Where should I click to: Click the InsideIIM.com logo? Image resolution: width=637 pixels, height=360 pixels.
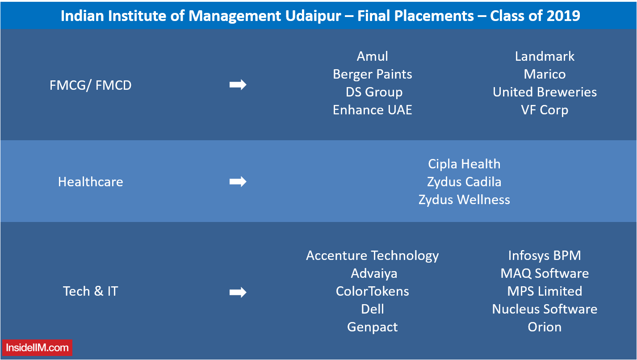37,347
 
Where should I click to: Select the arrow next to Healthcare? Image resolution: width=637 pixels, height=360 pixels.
238,182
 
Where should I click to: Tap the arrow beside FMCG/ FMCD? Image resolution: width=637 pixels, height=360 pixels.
238,85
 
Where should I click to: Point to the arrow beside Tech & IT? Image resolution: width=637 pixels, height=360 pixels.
238,292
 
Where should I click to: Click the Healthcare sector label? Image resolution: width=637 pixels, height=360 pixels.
90,182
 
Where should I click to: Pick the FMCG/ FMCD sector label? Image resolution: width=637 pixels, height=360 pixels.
90,85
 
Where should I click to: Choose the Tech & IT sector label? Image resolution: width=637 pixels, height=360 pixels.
90,291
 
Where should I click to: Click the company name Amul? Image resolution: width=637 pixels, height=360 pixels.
372,56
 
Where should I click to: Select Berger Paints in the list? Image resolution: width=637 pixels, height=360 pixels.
372,75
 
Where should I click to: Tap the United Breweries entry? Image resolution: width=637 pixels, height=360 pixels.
545,92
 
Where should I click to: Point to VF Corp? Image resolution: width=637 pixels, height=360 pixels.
545,110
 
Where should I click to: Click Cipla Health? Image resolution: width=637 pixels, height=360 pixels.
464,164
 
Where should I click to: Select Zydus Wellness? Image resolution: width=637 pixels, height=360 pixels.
464,200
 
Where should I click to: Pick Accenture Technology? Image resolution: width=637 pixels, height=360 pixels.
372,256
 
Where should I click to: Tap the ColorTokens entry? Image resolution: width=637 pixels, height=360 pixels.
372,291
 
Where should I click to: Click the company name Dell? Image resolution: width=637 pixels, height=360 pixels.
372,309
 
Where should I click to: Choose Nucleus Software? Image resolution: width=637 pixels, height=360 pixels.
545,309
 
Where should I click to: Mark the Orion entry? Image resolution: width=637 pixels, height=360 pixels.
545,327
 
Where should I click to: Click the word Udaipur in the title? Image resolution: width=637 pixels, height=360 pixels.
313,16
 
